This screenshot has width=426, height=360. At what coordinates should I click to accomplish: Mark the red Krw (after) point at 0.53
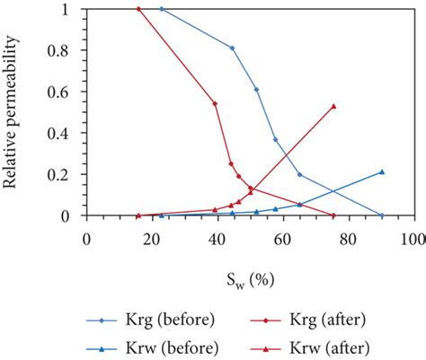click(333, 106)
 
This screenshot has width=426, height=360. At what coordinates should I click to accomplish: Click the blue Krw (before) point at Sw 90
click(382, 171)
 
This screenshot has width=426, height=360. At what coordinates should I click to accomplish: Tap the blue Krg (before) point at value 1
click(161, 9)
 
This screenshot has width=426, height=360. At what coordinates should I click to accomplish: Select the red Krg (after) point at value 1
click(138, 9)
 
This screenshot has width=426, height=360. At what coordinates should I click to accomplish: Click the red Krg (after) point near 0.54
click(215, 103)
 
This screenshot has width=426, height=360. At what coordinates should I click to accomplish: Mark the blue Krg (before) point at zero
click(382, 215)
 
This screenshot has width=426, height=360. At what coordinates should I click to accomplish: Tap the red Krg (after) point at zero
click(333, 215)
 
